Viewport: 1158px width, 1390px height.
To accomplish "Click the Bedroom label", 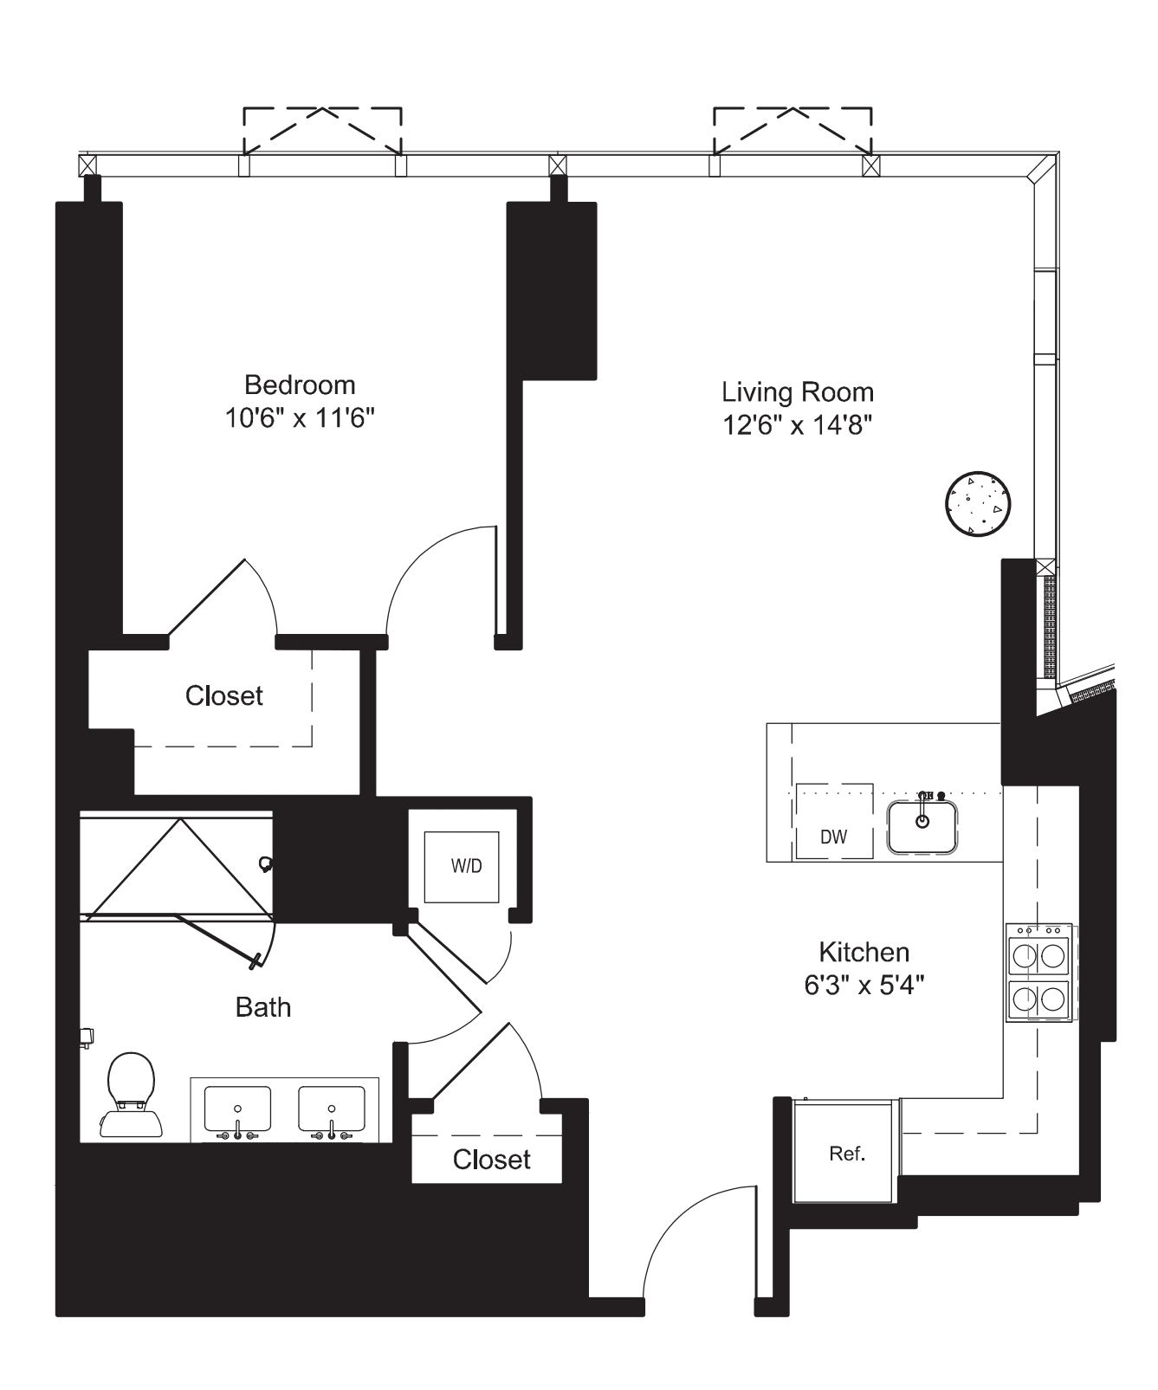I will pos(300,385).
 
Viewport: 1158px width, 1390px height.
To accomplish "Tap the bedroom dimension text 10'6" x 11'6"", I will pos(300,419).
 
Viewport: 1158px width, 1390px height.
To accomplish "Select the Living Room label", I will pos(797,392).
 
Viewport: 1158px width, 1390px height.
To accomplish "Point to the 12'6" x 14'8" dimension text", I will pos(797,426).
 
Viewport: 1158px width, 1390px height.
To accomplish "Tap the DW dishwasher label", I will pos(833,837).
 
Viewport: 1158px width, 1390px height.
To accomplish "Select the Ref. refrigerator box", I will pos(846,1154).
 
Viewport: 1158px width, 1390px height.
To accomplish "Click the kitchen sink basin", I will pos(922,827).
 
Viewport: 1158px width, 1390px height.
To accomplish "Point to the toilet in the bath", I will pos(131,1093).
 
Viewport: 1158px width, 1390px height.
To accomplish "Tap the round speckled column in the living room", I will pos(978,503).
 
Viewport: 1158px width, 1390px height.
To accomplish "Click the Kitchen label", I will pos(864,953).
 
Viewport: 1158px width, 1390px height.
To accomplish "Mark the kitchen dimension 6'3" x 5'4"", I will pos(864,986).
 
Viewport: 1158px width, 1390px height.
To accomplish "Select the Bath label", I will pos(262,1007).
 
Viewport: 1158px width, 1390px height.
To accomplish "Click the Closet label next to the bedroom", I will pos(223,695).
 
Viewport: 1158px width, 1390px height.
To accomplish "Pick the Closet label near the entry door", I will pos(491,1160).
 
